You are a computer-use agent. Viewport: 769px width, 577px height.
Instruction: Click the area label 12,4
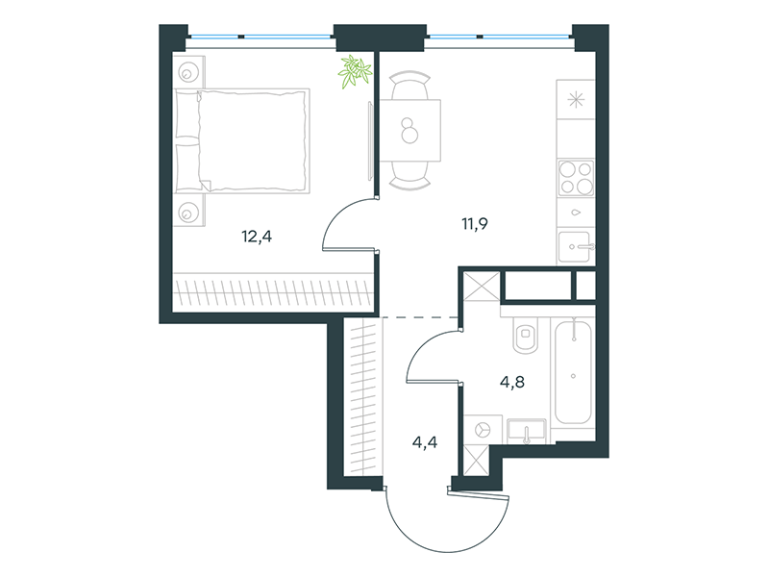point(257,237)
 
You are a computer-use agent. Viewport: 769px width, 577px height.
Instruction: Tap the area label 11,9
point(475,224)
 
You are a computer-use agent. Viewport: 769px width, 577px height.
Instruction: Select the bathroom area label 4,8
point(512,382)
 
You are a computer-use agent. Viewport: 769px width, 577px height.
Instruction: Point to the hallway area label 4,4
point(425,443)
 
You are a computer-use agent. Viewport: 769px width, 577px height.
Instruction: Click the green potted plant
point(355,71)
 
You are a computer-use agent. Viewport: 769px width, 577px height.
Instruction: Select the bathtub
point(573,371)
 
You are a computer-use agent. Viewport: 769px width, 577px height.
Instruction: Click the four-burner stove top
point(576,178)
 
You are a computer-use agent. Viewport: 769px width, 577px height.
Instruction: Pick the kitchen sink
point(576,246)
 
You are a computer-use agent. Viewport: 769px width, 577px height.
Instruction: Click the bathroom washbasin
point(526,431)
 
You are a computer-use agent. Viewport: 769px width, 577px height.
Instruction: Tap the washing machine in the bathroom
point(483,430)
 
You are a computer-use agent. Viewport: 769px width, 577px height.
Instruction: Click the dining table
point(410,131)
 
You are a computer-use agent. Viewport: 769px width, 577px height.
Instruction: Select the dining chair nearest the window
point(409,85)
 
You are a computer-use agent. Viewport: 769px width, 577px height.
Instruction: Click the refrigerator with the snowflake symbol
point(576,100)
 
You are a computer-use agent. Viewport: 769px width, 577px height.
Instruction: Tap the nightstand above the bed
point(188,71)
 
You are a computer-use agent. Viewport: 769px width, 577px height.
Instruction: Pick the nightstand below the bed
point(188,211)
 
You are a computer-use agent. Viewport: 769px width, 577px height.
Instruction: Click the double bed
point(242,140)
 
